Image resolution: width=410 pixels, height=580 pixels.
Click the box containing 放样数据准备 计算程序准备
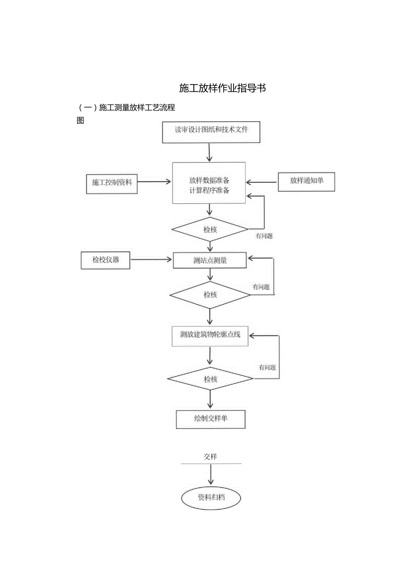(209, 183)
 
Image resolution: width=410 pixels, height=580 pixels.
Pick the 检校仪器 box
(106, 260)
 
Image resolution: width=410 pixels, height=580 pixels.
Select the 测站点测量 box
(209, 261)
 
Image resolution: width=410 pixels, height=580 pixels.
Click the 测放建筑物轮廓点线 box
(210, 335)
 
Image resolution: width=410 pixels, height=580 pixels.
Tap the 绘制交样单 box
(211, 419)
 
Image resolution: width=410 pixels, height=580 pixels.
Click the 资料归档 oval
(211, 498)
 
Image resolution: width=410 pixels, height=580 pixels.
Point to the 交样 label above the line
(210, 457)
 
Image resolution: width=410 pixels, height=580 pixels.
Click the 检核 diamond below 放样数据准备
(210, 230)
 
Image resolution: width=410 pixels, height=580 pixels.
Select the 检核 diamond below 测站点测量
(210, 295)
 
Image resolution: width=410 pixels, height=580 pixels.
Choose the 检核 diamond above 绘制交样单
(210, 380)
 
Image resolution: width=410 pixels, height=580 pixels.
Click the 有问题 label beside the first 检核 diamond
(264, 237)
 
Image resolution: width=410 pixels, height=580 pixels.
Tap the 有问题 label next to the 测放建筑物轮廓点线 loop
(267, 368)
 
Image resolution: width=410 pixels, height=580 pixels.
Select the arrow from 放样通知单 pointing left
(262, 182)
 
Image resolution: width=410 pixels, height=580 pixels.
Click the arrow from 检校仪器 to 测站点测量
(151, 259)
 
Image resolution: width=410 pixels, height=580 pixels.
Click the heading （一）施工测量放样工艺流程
(126, 107)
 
